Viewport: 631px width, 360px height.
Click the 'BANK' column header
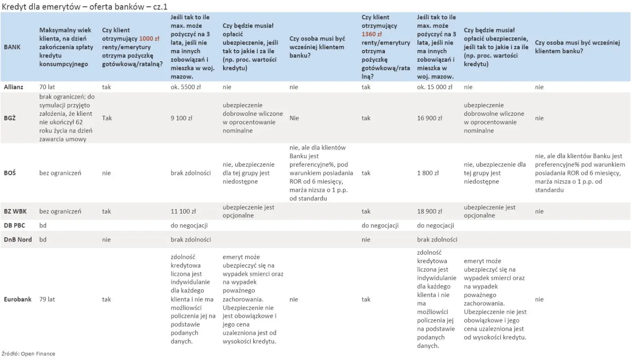coord(12,47)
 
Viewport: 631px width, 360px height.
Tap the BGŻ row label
coord(10,118)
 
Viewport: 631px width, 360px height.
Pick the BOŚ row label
coord(9,173)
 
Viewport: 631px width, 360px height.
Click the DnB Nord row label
coord(18,240)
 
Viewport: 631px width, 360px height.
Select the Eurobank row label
coord(18,299)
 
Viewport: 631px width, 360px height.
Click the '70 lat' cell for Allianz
coord(47,87)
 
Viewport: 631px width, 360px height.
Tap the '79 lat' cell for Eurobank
coord(47,299)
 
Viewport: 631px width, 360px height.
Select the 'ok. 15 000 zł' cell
coord(434,87)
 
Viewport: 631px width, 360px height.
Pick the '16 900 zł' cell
coord(430,118)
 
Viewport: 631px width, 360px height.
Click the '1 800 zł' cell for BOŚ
coord(428,173)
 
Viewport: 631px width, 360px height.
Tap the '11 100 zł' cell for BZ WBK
coord(183,211)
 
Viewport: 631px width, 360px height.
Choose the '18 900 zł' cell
coord(430,211)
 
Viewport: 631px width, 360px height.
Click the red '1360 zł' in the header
coord(372,34)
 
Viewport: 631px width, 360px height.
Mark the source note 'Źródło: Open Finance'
coord(28,354)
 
